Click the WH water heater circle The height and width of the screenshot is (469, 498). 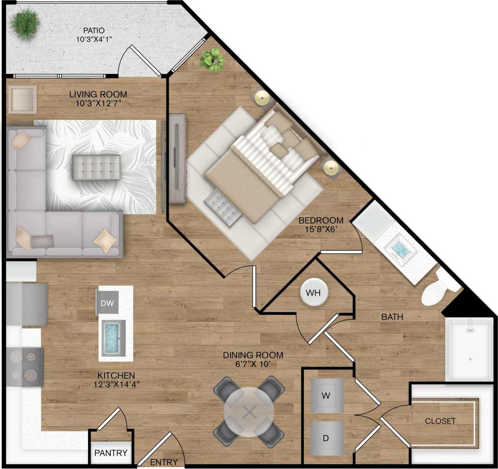click(313, 293)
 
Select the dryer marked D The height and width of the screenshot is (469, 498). click(326, 438)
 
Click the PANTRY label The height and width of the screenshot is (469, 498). click(111, 453)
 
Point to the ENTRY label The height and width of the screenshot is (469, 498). click(164, 462)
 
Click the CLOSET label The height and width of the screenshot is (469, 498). click(440, 421)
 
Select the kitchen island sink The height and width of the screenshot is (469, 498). click(114, 339)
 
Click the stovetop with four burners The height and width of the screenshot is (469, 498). click(25, 366)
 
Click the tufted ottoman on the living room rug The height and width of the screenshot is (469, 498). click(96, 167)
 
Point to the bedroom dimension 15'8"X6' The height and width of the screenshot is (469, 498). click(321, 230)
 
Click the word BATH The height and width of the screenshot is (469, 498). click(392, 317)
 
